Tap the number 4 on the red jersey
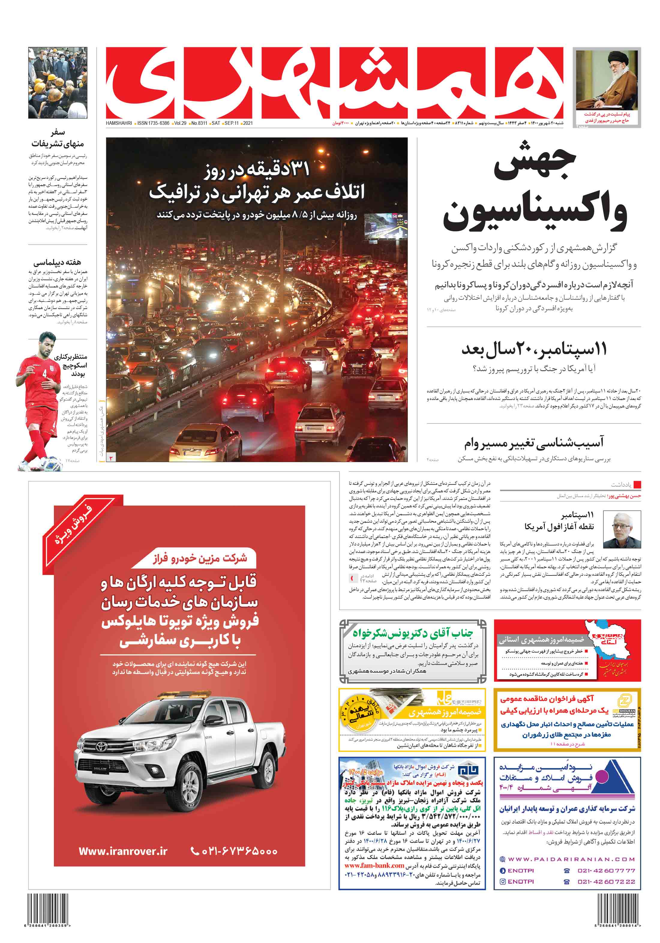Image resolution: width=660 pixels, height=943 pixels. [x=45, y=374]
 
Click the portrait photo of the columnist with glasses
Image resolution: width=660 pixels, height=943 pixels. [x=621, y=530]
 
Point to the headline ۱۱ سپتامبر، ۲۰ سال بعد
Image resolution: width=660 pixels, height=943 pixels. [x=534, y=349]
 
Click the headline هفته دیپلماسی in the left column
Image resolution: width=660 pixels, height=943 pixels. [x=57, y=262]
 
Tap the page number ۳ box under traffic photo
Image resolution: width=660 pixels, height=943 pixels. [x=111, y=458]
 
